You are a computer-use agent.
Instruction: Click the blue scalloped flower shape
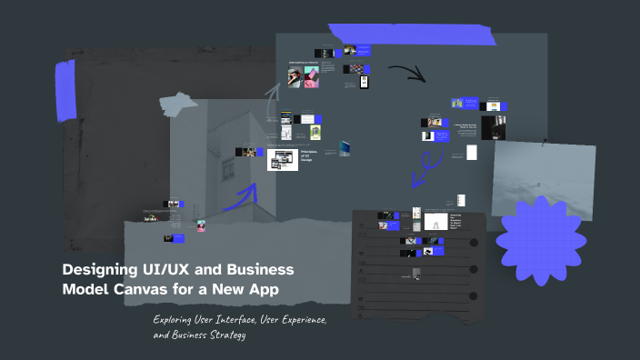[539, 242]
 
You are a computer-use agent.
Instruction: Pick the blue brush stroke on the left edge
[65, 91]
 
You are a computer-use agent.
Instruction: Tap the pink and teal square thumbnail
[311, 78]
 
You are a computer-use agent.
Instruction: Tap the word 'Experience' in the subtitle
[291, 321]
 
